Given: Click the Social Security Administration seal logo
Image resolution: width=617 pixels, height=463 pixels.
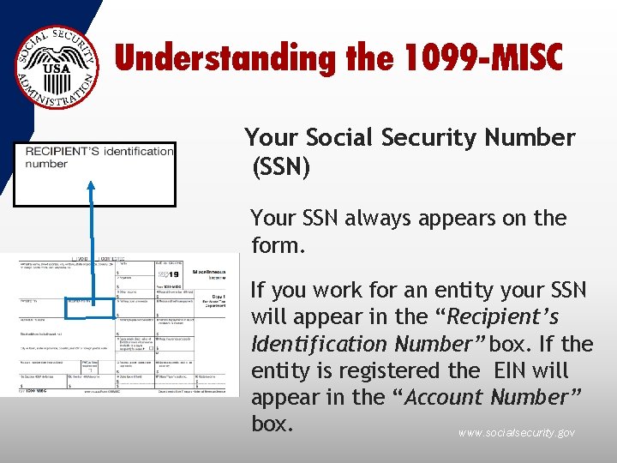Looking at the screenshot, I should point(57,67).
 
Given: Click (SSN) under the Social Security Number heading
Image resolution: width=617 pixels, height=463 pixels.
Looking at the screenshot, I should point(280,166).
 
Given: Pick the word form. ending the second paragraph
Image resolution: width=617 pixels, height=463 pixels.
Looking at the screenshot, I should point(279,247).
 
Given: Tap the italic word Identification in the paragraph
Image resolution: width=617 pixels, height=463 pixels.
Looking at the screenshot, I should point(320,345).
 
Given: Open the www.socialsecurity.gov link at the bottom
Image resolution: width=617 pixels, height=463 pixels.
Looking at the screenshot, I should point(516,433).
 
